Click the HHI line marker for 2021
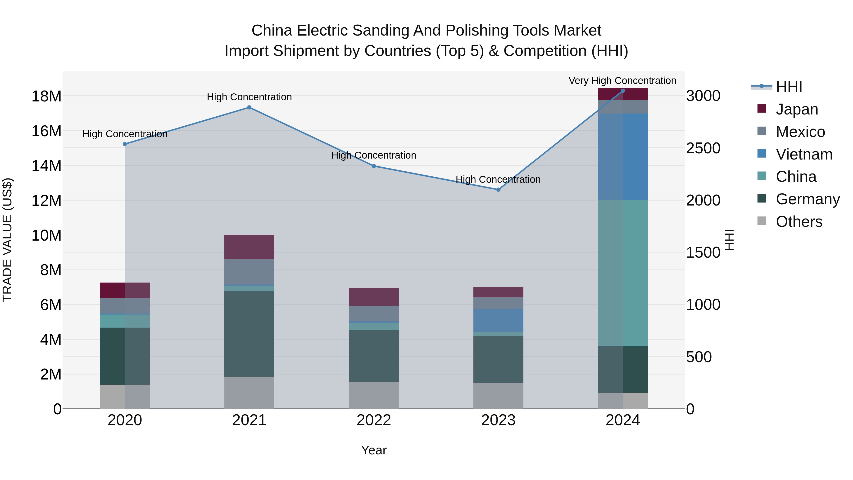249,107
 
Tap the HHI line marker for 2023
498,189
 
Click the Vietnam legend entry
804,154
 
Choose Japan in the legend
796,109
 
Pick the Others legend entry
799,222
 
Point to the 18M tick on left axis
46,96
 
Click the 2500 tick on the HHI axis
703,148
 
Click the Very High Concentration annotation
622,81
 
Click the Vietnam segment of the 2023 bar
498,320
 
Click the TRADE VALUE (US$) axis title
7,240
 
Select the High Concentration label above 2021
249,97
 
